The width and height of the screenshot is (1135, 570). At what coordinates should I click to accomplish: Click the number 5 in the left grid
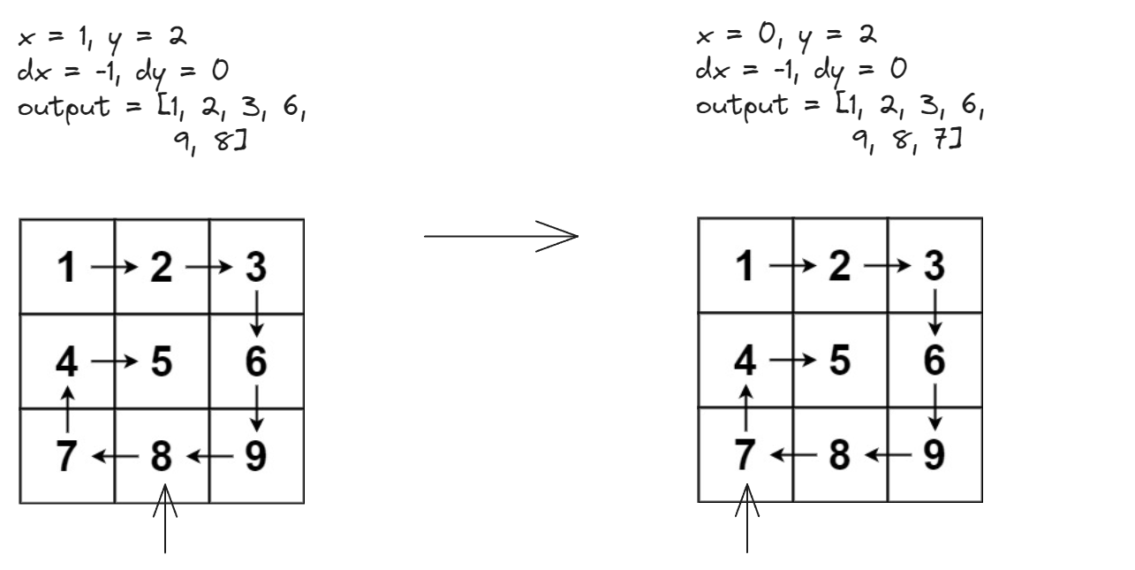(162, 361)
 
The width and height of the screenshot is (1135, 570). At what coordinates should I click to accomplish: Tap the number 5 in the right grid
(840, 361)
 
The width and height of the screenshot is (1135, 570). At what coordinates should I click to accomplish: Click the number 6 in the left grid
(256, 361)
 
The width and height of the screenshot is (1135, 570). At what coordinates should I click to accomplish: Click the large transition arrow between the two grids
(501, 237)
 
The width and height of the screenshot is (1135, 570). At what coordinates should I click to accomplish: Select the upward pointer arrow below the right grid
(748, 521)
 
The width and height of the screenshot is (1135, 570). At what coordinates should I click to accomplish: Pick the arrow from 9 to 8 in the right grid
(887, 456)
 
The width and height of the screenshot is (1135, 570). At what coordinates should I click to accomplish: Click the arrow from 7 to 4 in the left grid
(67, 407)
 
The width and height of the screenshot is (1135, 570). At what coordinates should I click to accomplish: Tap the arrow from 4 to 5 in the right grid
(792, 361)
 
